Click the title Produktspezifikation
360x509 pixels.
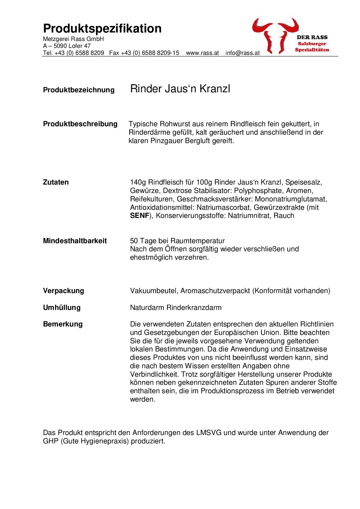point(102,29)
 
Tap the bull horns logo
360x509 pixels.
point(275,35)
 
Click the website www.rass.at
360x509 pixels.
point(202,53)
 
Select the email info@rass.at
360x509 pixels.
point(242,53)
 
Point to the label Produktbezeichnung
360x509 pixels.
point(79,90)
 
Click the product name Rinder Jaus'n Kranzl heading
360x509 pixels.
point(180,89)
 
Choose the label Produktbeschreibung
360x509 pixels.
point(80,124)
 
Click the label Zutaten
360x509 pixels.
point(56,182)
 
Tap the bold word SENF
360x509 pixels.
point(140,216)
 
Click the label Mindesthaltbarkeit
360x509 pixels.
point(75,241)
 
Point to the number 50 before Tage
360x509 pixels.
point(134,241)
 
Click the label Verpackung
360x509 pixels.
point(63,291)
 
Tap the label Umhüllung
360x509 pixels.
point(62,308)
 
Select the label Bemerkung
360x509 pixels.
point(63,324)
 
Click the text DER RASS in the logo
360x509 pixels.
point(312,37)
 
